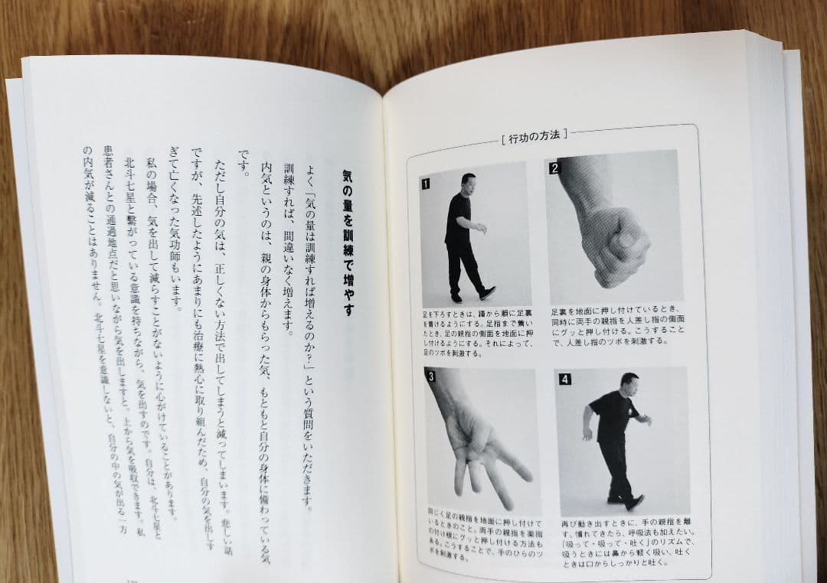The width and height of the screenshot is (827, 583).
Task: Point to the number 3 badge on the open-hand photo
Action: click(x=432, y=376)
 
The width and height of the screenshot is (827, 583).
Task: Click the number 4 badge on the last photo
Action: click(x=564, y=379)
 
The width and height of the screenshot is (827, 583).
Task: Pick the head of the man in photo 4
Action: click(x=629, y=383)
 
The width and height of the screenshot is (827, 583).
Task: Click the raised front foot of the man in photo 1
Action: click(x=487, y=292)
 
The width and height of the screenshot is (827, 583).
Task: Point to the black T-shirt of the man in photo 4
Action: click(x=613, y=416)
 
